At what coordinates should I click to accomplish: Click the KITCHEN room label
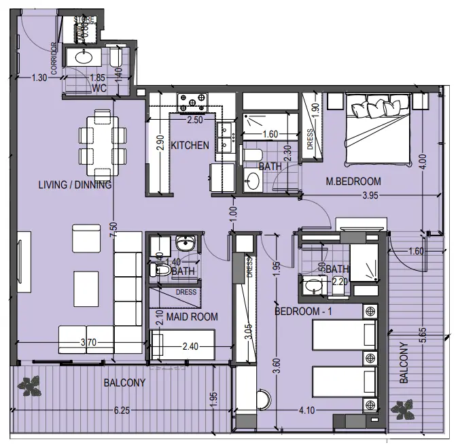[190, 146]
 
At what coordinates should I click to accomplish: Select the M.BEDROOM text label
[353, 182]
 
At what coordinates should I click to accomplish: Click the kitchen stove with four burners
[192, 103]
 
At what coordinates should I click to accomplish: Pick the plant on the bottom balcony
[31, 386]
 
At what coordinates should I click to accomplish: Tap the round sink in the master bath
[253, 181]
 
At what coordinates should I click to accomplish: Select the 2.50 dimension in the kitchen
[195, 120]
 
